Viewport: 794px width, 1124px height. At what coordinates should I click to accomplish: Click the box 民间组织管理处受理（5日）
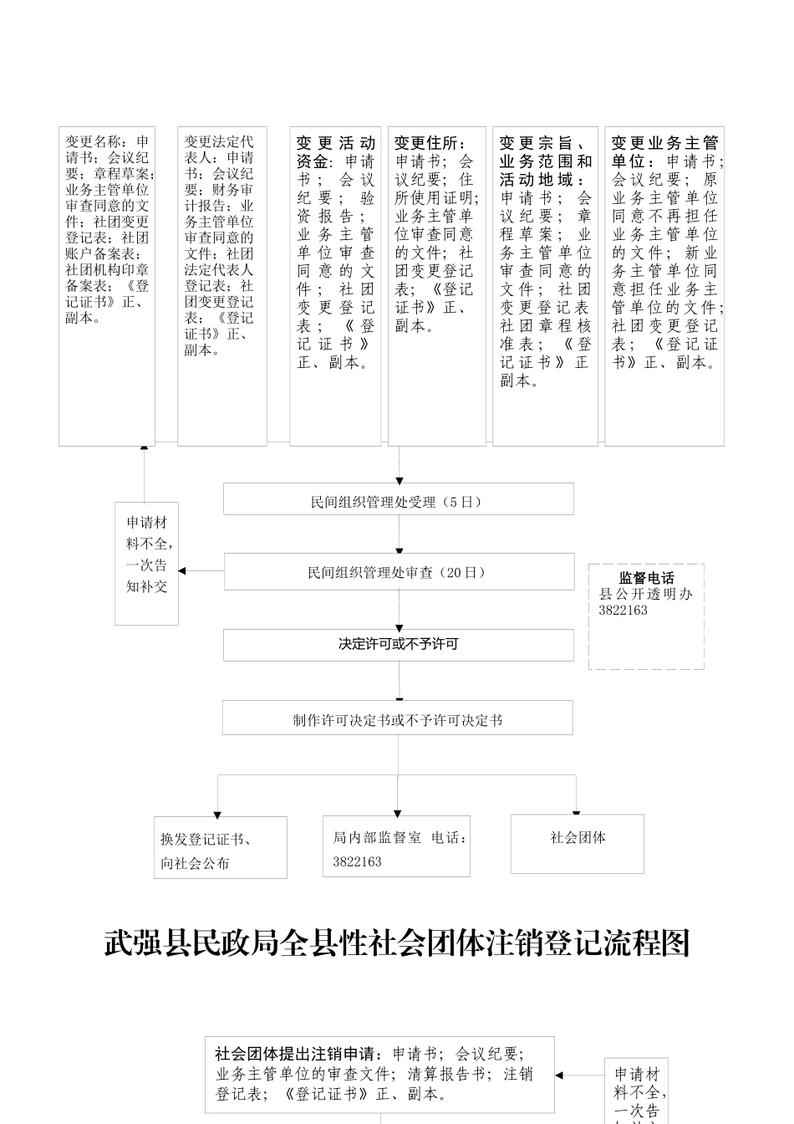click(398, 499)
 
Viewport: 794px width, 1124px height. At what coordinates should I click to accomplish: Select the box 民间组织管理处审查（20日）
click(399, 572)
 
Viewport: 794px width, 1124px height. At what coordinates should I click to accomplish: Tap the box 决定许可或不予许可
click(398, 645)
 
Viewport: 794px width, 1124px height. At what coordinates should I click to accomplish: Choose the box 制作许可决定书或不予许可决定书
click(397, 718)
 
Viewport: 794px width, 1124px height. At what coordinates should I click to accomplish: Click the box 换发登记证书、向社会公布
click(220, 848)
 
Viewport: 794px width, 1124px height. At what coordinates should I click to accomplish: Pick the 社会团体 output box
click(578, 843)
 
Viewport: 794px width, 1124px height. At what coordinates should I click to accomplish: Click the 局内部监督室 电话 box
click(396, 846)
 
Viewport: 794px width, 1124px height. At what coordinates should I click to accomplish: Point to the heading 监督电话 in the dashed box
click(646, 578)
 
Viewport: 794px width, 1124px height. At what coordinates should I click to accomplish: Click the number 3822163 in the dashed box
click(623, 611)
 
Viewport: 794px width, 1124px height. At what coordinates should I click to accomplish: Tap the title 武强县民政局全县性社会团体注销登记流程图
click(397, 943)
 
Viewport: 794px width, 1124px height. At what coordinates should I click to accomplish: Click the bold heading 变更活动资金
click(334, 151)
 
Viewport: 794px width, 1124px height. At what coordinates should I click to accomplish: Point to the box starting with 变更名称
click(107, 285)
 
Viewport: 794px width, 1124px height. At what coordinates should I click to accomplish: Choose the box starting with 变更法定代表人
click(222, 285)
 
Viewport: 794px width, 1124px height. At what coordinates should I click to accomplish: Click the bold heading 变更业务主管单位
click(664, 151)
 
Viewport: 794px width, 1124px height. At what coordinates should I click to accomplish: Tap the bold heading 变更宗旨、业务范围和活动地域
click(546, 161)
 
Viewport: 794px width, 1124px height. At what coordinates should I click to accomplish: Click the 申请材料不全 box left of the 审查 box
click(146, 564)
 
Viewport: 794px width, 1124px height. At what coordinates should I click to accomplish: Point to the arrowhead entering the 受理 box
click(399, 480)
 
